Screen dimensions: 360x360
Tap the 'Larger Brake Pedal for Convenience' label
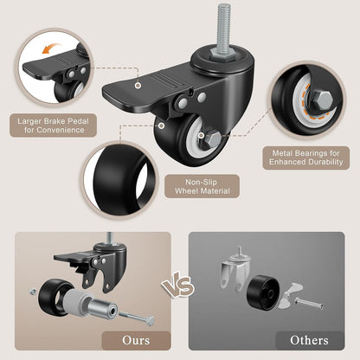53,125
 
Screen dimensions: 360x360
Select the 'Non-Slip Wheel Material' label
202,186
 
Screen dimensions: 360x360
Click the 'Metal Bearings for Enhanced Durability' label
306,157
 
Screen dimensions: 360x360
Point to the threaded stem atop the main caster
223,28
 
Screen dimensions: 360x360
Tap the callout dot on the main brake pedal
138,85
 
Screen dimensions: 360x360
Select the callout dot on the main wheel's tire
162,125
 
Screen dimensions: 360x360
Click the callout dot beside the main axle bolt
202,135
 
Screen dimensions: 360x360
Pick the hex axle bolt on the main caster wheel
213,139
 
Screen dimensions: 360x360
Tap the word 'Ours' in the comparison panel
136,340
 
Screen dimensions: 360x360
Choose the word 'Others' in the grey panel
309,340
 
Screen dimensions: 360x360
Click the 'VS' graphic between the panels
178,286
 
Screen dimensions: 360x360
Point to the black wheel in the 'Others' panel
263,292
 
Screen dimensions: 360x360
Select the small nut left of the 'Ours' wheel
33,292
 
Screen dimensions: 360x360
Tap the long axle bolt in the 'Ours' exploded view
136,318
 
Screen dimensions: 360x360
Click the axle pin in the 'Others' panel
308,304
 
